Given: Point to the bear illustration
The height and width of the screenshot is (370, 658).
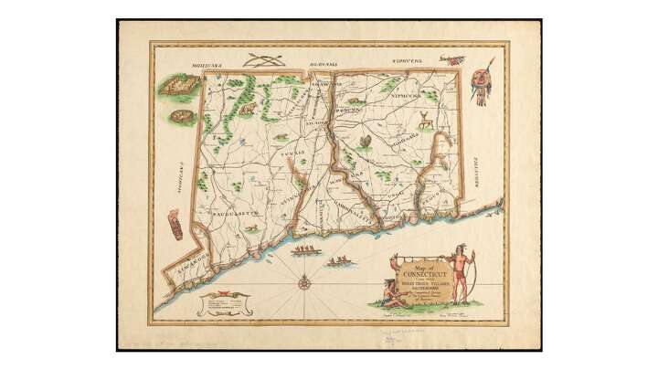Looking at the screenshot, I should pyautogui.click(x=248, y=110).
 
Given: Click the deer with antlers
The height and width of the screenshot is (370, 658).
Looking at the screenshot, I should pyautogui.click(x=425, y=119).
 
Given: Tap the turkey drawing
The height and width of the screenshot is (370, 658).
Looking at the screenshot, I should pyautogui.click(x=366, y=141).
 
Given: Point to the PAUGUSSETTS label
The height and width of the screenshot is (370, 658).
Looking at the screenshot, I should pyautogui.click(x=237, y=213).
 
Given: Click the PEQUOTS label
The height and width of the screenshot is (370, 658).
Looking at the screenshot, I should pyautogui.click(x=432, y=194).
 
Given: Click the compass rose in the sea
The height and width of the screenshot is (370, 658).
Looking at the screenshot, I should pyautogui.click(x=303, y=281).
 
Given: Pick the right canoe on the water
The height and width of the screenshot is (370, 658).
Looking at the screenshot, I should pyautogui.click(x=339, y=260).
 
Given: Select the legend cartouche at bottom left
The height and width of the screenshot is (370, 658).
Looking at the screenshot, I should pyautogui.click(x=219, y=300).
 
